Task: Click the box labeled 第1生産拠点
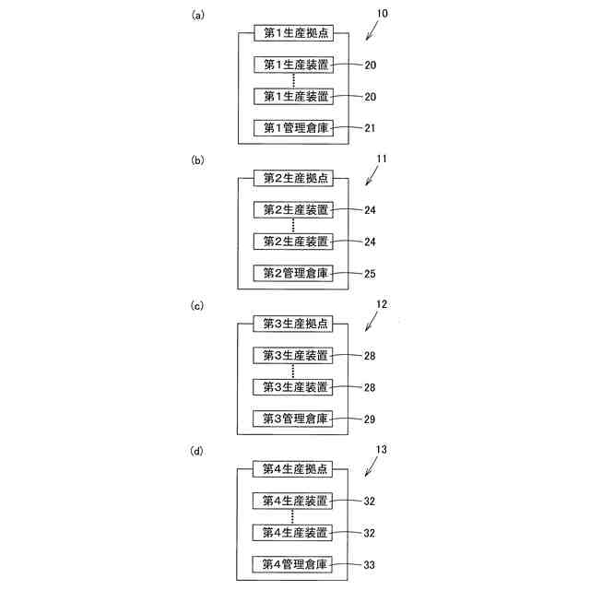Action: coord(292,34)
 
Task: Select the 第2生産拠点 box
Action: coord(292,179)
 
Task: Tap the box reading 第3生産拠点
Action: coord(292,324)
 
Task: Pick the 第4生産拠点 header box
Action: coord(292,469)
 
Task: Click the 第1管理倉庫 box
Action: coord(292,127)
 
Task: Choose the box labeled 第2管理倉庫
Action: coord(292,273)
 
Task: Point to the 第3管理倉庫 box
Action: coord(292,419)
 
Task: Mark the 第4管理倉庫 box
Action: coord(292,563)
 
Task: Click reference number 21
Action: coord(371,128)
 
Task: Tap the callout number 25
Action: coord(371,274)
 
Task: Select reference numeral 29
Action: coord(371,419)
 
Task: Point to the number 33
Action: coord(371,564)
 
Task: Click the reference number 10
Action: coord(382,14)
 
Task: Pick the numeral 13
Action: coord(382,450)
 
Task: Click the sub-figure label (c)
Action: coord(196,305)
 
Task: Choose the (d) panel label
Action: coord(196,451)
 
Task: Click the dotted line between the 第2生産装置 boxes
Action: coord(292,225)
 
